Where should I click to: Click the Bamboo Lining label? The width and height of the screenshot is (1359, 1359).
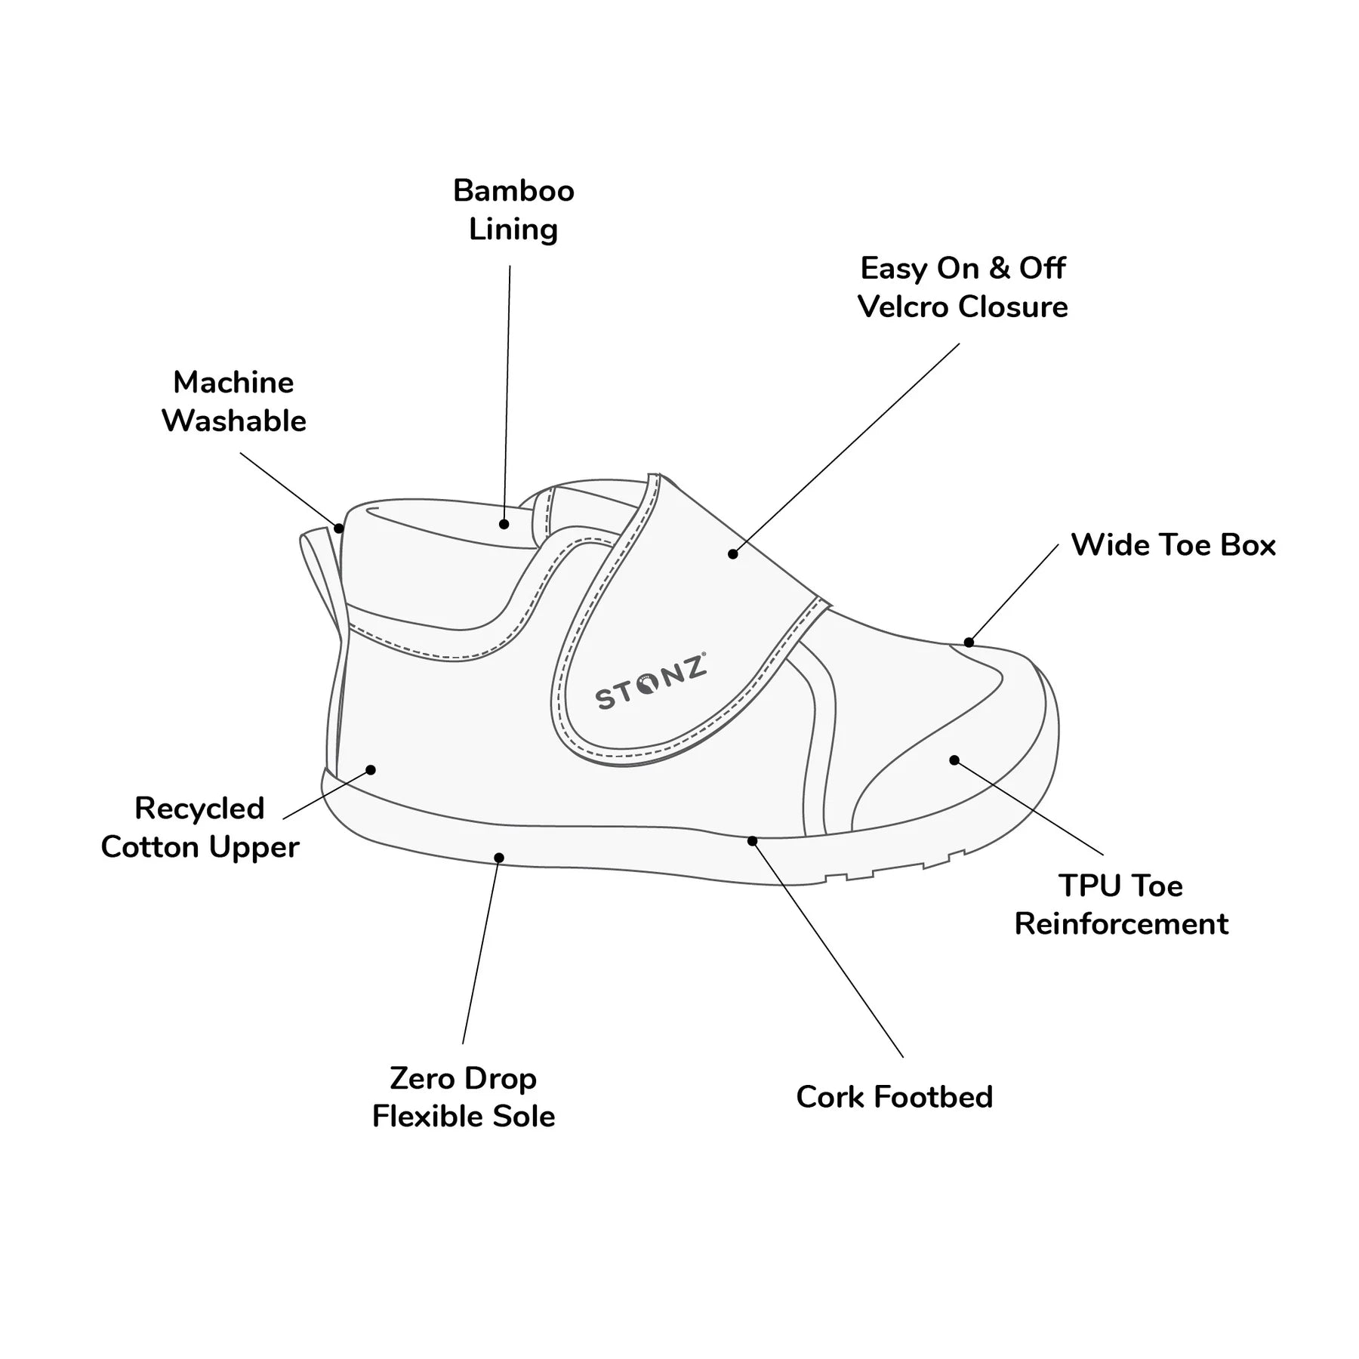(513, 210)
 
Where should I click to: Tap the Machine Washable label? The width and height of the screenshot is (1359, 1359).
(234, 402)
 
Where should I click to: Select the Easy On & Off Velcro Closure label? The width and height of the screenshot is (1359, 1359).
(963, 288)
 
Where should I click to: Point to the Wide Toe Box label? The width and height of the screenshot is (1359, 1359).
(1173, 545)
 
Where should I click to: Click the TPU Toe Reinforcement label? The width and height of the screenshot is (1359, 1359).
(1121, 904)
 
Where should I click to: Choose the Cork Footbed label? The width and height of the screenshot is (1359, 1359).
(894, 1097)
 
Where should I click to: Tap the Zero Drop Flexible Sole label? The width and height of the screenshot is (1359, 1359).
(464, 1097)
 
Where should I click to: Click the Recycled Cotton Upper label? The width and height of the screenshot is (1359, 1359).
(200, 827)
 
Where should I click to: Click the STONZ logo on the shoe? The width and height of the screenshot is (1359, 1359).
(650, 682)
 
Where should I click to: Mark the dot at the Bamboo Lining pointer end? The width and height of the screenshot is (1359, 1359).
(504, 524)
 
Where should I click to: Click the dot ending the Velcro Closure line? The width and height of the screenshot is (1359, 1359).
(732, 554)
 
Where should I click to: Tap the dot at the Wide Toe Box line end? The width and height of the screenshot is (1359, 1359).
(969, 643)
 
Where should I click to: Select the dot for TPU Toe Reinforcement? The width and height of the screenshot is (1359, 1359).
(954, 760)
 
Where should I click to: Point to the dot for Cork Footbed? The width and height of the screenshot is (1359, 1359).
(752, 841)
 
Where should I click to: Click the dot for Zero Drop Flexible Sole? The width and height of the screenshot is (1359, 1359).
(499, 858)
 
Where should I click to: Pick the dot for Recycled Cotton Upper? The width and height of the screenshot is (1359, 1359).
(371, 770)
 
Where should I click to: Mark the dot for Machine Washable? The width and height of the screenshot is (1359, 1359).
(339, 528)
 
